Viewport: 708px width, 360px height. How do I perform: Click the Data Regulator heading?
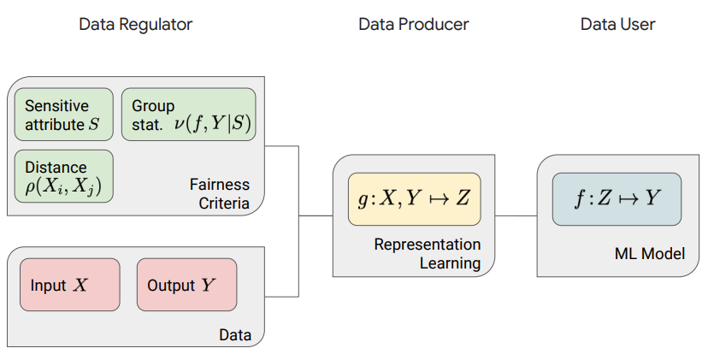[135, 25]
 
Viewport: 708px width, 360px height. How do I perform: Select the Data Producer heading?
[414, 25]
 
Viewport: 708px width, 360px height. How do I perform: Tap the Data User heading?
[617, 25]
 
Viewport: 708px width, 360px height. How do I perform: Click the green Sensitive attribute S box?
[63, 115]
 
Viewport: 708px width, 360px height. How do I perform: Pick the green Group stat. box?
[189, 115]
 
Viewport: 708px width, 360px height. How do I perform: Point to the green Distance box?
[63, 176]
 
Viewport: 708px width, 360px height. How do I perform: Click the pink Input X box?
[70, 285]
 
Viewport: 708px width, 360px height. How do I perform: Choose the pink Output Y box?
[187, 285]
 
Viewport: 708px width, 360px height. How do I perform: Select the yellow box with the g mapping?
[415, 198]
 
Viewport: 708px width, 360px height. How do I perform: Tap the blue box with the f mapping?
[617, 198]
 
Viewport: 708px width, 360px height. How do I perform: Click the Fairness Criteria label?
[220, 194]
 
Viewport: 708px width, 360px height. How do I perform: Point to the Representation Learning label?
[428, 253]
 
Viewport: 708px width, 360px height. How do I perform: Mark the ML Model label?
[650, 253]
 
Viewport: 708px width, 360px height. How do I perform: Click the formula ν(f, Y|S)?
[212, 123]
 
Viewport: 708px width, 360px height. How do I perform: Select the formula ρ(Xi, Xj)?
[63, 186]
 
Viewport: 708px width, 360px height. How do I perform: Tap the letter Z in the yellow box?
[463, 198]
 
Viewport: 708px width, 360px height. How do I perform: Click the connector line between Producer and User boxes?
[516, 215]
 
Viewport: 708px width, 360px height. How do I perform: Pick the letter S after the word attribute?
[94, 124]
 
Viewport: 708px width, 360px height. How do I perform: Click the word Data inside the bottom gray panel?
[235, 334]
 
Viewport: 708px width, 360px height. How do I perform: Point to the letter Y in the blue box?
[652, 198]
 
